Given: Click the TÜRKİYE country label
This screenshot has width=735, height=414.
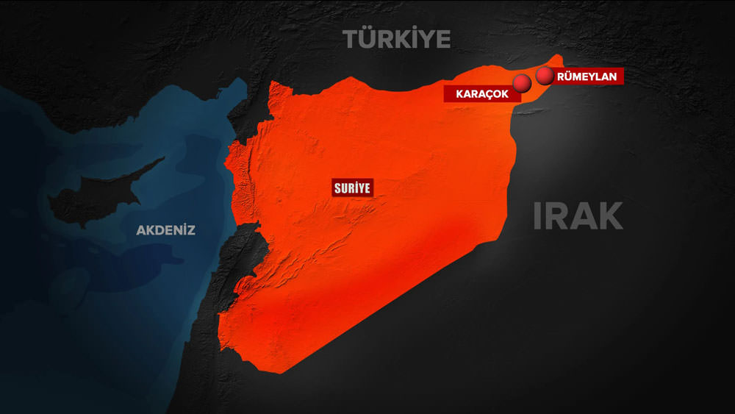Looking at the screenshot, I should (x=397, y=38).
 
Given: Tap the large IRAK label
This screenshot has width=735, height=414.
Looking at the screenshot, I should (x=578, y=216).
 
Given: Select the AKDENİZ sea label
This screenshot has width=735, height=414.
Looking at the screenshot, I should (x=165, y=230).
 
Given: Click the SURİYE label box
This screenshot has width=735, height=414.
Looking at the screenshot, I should (x=353, y=188).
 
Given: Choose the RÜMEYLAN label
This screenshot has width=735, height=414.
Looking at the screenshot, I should (x=588, y=76).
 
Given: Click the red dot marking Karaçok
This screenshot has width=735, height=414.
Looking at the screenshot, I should (x=523, y=84).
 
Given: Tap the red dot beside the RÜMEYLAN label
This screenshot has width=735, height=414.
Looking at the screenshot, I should (x=545, y=76).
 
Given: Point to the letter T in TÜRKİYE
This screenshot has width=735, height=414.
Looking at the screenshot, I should (x=351, y=38).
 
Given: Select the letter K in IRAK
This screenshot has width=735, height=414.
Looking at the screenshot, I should (x=609, y=216).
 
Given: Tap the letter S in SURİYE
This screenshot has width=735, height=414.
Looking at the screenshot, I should (x=337, y=188).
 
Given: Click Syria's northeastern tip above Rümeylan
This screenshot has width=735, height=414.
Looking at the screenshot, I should (x=560, y=57).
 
